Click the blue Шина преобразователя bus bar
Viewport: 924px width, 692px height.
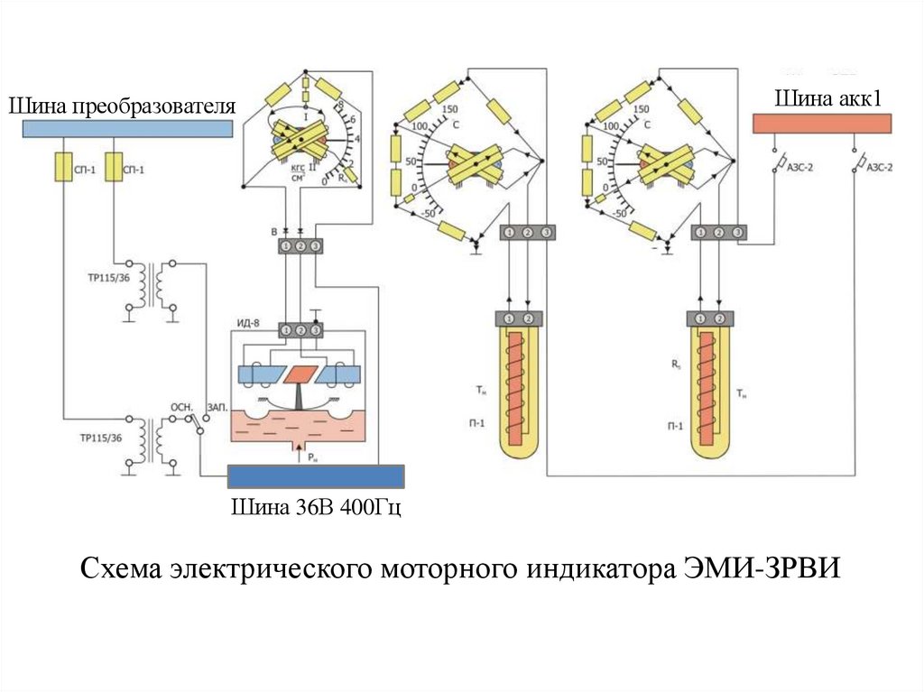pos(126,128)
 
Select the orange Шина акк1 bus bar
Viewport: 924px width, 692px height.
pos(822,123)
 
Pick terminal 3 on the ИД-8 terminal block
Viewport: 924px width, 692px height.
pos(316,331)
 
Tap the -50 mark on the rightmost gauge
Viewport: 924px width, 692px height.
pos(620,214)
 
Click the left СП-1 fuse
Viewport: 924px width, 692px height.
pos(63,168)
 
